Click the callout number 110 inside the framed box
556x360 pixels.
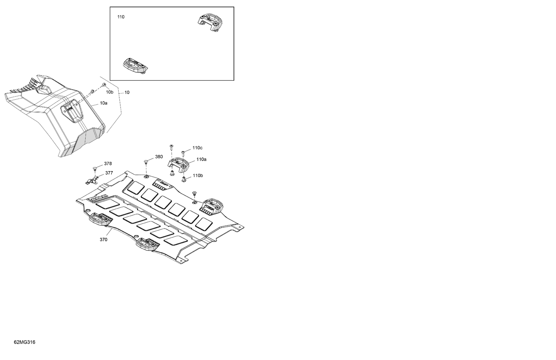[120, 17]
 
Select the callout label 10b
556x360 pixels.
[109, 92]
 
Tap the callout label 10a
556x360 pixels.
[103, 103]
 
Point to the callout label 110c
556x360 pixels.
[197, 148]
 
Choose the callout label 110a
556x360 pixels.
[201, 159]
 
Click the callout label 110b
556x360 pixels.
[198, 176]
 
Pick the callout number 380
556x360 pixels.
[159, 157]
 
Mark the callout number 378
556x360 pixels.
[108, 164]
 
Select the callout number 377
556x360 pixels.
[109, 173]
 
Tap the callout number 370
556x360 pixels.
[103, 240]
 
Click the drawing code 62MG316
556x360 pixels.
[24, 342]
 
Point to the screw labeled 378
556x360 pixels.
[95, 169]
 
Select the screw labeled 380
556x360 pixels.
[146, 162]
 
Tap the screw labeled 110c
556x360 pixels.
[183, 153]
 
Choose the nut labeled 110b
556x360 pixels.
[184, 179]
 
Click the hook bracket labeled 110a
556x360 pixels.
[178, 164]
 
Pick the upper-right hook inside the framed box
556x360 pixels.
[210, 23]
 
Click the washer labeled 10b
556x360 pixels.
[104, 85]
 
